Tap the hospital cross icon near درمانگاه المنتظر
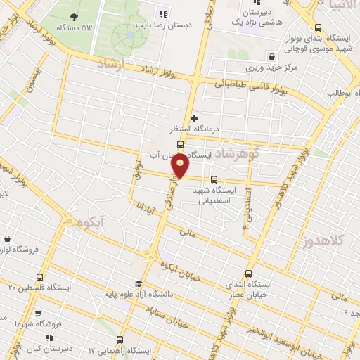pos(195,118)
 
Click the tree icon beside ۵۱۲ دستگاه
pos(75,17)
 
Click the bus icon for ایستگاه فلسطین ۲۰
pos(39,276)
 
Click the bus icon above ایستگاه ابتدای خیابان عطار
pos(248,274)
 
